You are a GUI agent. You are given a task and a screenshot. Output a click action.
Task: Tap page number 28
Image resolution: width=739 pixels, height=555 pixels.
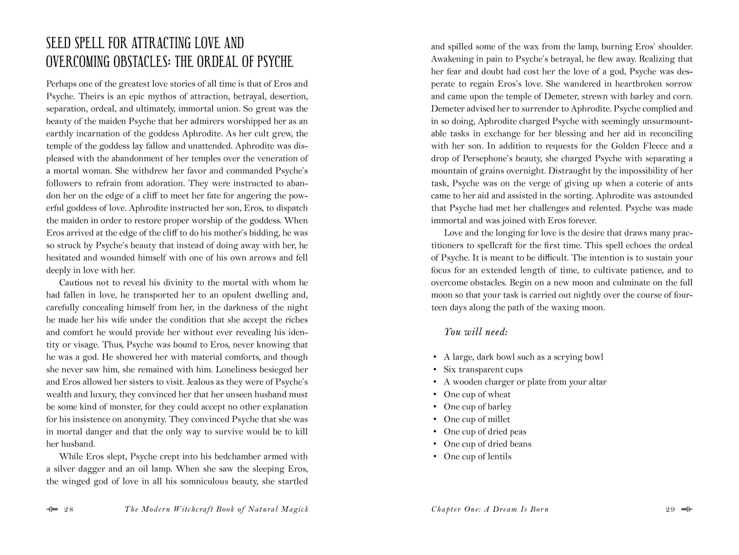pyautogui.click(x=69, y=509)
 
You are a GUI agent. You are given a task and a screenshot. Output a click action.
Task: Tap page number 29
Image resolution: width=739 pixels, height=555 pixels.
pyautogui.click(x=670, y=509)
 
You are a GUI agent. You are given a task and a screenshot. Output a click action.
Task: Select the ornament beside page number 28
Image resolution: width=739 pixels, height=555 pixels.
pyautogui.click(x=52, y=509)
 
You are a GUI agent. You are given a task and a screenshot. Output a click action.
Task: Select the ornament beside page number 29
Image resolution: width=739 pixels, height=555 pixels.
pyautogui.click(x=687, y=509)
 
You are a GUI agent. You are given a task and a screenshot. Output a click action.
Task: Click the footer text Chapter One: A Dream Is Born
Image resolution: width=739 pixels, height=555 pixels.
pyautogui.click(x=490, y=509)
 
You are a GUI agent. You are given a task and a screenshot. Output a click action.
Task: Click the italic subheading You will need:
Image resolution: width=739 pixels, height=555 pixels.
pyautogui.click(x=476, y=332)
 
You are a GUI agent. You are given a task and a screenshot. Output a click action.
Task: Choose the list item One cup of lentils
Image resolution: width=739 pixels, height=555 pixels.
pyautogui.click(x=477, y=456)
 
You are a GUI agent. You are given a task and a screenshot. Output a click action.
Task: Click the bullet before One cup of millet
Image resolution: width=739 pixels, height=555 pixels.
pyautogui.click(x=434, y=419)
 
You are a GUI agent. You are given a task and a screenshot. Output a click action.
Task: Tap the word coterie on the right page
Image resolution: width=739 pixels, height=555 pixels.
pyautogui.click(x=647, y=183)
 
